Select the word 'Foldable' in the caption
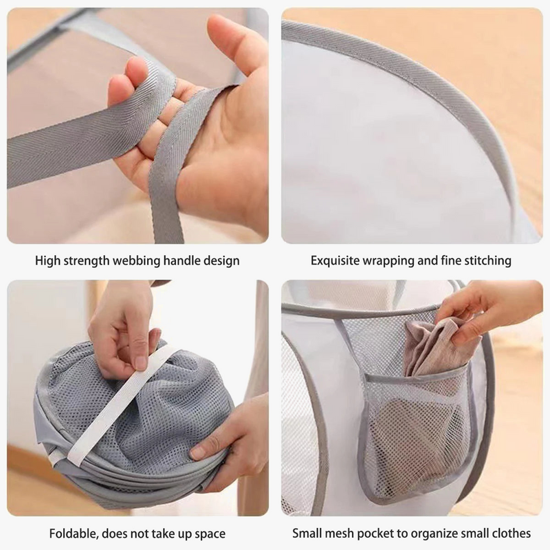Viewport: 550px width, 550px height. coord(74,533)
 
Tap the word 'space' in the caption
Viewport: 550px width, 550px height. coord(210,534)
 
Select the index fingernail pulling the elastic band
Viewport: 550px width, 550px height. coord(141,363)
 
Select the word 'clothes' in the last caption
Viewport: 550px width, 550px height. coord(511,533)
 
